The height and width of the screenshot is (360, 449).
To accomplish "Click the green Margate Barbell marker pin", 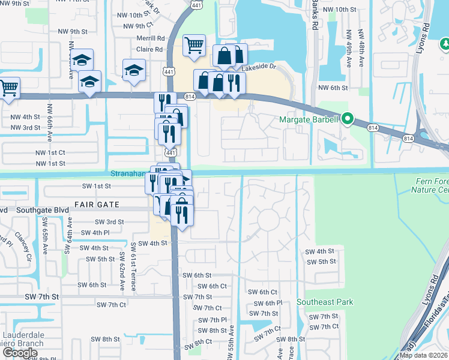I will click(346, 119).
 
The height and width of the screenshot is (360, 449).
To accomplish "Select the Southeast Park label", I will click(325, 302).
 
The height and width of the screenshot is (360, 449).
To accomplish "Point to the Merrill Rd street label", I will click(150, 37).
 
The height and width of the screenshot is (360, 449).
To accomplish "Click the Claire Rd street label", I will click(150, 50).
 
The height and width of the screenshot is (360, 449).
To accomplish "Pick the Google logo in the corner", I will click(20, 352).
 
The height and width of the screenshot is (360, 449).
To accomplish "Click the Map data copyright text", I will click(423, 355).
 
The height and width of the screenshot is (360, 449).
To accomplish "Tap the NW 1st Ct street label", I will click(50, 153).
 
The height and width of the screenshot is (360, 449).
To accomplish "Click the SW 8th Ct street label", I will click(199, 341).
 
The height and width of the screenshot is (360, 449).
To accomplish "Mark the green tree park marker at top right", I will click(445, 44).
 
